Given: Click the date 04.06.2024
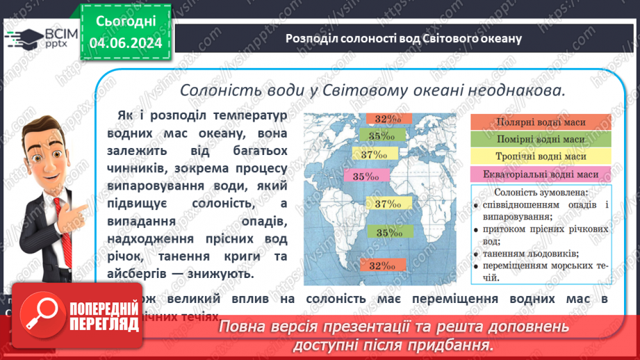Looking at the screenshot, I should tap(126, 43).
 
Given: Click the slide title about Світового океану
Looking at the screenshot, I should tap(403, 38).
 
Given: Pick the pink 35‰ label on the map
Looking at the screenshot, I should tap(367, 177).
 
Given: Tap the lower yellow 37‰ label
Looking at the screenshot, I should tap(388, 204).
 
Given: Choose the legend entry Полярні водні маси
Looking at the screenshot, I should tap(541, 122).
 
